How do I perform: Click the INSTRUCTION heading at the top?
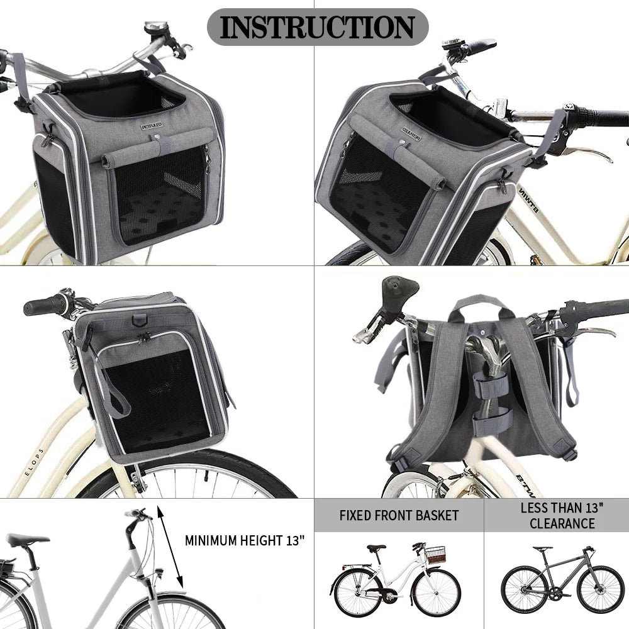click(317, 27)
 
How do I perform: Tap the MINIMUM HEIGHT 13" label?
click(245, 540)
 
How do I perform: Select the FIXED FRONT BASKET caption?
click(399, 516)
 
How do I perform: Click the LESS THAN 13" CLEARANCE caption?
click(562, 516)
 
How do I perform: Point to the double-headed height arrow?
click(170, 547)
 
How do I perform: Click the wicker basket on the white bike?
click(435, 555)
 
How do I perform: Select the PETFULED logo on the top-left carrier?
click(152, 126)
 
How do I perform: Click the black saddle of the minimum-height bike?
click(28, 540)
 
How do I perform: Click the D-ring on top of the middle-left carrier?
click(138, 320)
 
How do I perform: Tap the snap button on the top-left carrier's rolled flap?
click(157, 137)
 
